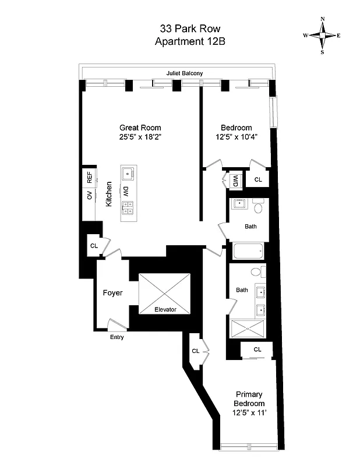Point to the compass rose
coord(322,36)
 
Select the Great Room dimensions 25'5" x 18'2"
coord(140,137)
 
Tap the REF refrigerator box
coord(89,178)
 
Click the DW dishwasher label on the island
coord(126,191)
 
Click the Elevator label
coord(165,309)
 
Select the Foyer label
coord(112,292)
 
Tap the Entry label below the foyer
coord(117,337)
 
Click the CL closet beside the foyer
coord(93,246)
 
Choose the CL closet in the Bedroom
coord(257,180)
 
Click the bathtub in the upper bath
coord(249,252)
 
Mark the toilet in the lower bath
coord(256,272)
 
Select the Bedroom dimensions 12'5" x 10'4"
coord(236,137)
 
